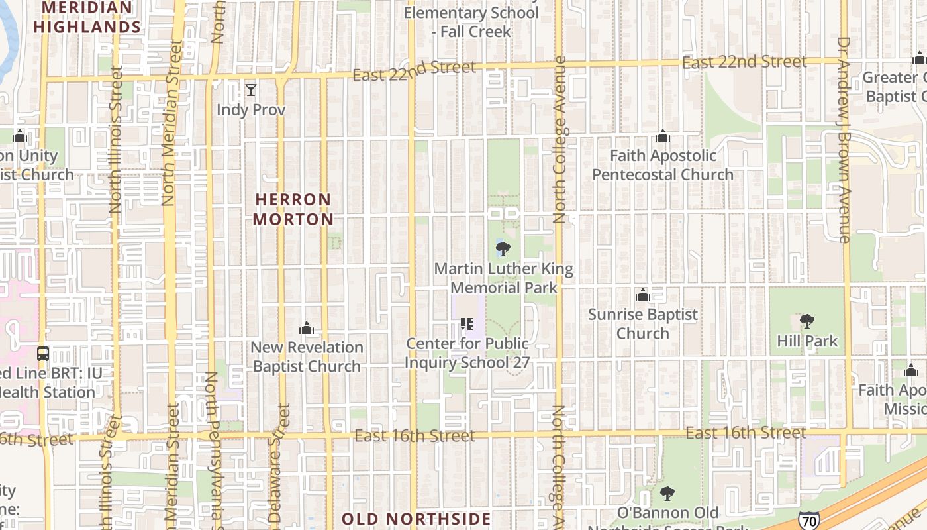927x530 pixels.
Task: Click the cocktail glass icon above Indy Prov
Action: [250, 90]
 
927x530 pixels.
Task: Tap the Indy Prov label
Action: [251, 109]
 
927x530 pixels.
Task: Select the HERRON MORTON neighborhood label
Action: [293, 209]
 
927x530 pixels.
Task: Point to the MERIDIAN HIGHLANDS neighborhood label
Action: [87, 18]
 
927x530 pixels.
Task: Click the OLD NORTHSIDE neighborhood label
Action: [416, 519]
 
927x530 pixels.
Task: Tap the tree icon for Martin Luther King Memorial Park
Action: [503, 250]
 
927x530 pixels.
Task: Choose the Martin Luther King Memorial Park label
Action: [504, 278]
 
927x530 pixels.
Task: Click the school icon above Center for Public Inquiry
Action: [467, 324]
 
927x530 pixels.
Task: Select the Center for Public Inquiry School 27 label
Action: [467, 353]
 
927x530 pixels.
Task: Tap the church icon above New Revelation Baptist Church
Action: [306, 328]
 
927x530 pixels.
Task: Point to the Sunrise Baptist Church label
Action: [643, 323]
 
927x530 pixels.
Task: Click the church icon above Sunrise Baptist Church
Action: [642, 295]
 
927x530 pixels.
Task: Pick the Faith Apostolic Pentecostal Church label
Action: [663, 165]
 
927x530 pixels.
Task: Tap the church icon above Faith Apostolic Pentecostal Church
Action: [663, 136]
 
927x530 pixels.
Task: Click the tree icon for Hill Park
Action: [806, 322]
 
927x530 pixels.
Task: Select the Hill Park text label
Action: [808, 341]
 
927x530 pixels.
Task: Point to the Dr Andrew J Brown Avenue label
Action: [844, 139]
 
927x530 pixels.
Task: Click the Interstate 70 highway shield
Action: [808, 521]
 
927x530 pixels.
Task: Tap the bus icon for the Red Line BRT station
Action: [43, 354]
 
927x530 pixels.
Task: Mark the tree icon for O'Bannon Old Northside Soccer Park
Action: [667, 494]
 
